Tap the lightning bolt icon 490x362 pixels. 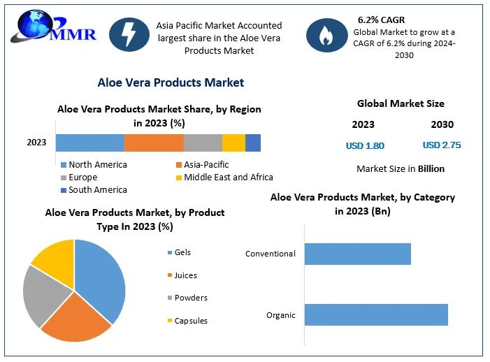point(129,36)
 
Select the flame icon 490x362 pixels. point(326,36)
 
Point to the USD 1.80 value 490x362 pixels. point(365,146)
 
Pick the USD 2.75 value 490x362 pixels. point(442,145)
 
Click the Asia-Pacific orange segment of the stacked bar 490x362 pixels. point(154,143)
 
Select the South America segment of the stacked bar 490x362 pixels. point(253,143)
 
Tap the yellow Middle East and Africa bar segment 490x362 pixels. point(233,143)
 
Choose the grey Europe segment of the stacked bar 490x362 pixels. point(203,143)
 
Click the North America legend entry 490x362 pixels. point(94,165)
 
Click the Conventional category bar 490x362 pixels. point(357,254)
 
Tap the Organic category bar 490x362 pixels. point(376,314)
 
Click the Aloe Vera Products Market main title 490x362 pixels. point(171,82)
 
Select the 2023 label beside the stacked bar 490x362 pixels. point(36,143)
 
